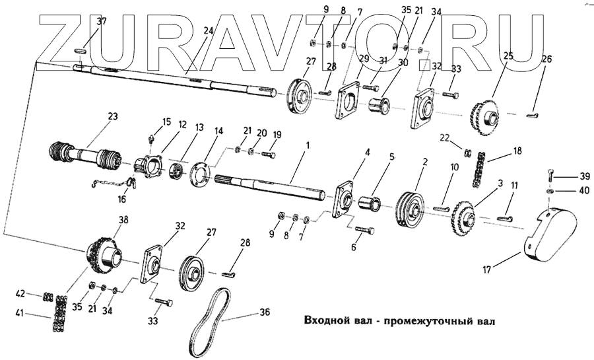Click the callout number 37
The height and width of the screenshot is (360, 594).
click(100, 22)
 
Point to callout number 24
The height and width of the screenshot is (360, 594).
click(209, 31)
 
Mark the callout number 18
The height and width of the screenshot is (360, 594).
click(517, 151)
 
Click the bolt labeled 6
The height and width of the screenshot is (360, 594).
click(365, 231)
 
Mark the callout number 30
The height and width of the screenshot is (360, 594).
click(403, 63)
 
